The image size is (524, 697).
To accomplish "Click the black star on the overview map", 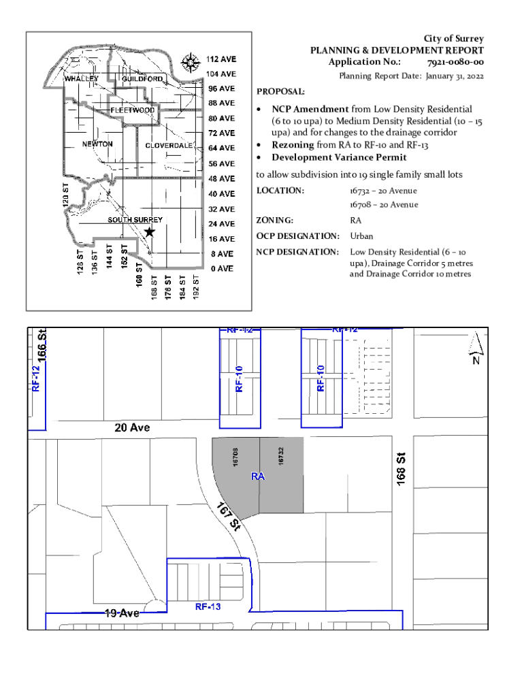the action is coord(150,231).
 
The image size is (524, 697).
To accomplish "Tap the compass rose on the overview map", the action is coord(191,63).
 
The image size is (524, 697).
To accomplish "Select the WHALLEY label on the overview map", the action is coord(82,79).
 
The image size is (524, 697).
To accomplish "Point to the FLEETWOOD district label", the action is coord(133,110).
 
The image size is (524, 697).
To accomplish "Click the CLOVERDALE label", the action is coord(169,146).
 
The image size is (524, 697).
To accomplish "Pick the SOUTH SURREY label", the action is coord(135,220).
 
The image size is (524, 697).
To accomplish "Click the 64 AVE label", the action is coord(221,148).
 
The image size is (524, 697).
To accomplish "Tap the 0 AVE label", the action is coord(222,268).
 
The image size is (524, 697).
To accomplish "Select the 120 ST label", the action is coord(66,195).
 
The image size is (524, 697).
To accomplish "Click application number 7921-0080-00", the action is coord(455,62).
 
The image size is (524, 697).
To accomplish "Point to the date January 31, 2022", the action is coord(455,76).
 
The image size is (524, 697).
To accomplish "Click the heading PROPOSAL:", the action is coord(280,92).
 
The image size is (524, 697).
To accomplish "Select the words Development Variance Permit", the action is coord(339,157).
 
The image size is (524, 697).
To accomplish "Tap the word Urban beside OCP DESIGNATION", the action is coord(361,236).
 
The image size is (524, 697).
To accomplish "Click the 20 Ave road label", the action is coord(132,427).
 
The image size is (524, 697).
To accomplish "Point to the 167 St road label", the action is coord(229,517).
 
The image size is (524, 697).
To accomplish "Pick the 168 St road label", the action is coord(400,469).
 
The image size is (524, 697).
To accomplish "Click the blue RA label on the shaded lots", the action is coord(258,476).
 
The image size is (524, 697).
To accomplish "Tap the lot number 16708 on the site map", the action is coord(235,457).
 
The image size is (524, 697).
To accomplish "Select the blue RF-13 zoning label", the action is coord(208,606).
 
